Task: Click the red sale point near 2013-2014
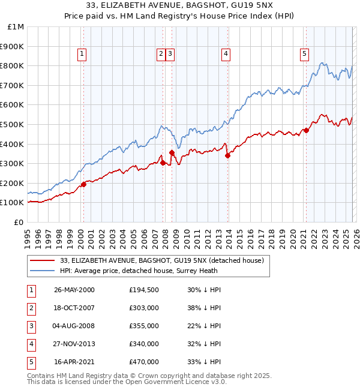pos(227,155)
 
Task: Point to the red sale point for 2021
pos(306,130)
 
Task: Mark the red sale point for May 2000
pos(83,184)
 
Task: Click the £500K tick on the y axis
pos(13,124)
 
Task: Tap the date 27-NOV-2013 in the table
pos(74,344)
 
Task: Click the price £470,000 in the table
pos(143,362)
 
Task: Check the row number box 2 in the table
pos(32,308)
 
